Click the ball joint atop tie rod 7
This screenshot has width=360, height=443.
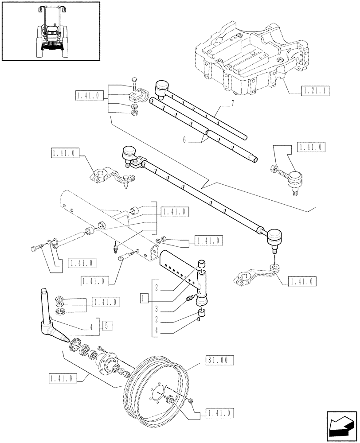(161, 86)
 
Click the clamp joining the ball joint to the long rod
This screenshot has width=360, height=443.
(138, 164)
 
